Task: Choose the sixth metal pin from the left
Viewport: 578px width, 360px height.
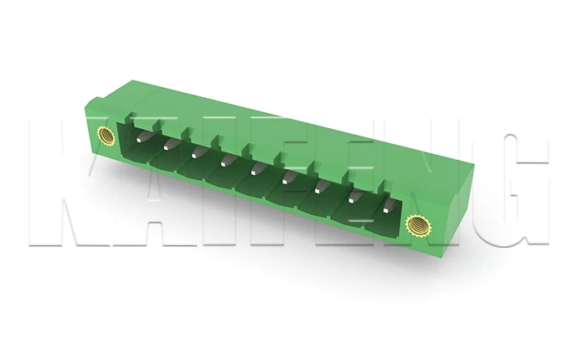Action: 287,177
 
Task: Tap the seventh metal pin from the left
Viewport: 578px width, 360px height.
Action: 320,186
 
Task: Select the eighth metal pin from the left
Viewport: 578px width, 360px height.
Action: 354,196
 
